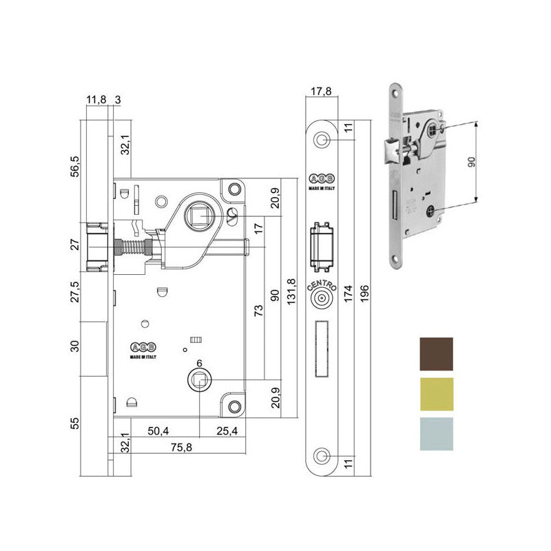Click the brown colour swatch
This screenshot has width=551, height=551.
[x=437, y=354]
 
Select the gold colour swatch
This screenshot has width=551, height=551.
[x=437, y=394]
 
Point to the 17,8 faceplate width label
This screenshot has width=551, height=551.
[x=322, y=90]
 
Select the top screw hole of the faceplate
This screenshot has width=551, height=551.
[x=322, y=140]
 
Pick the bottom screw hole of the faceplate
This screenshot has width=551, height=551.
[x=322, y=455]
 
